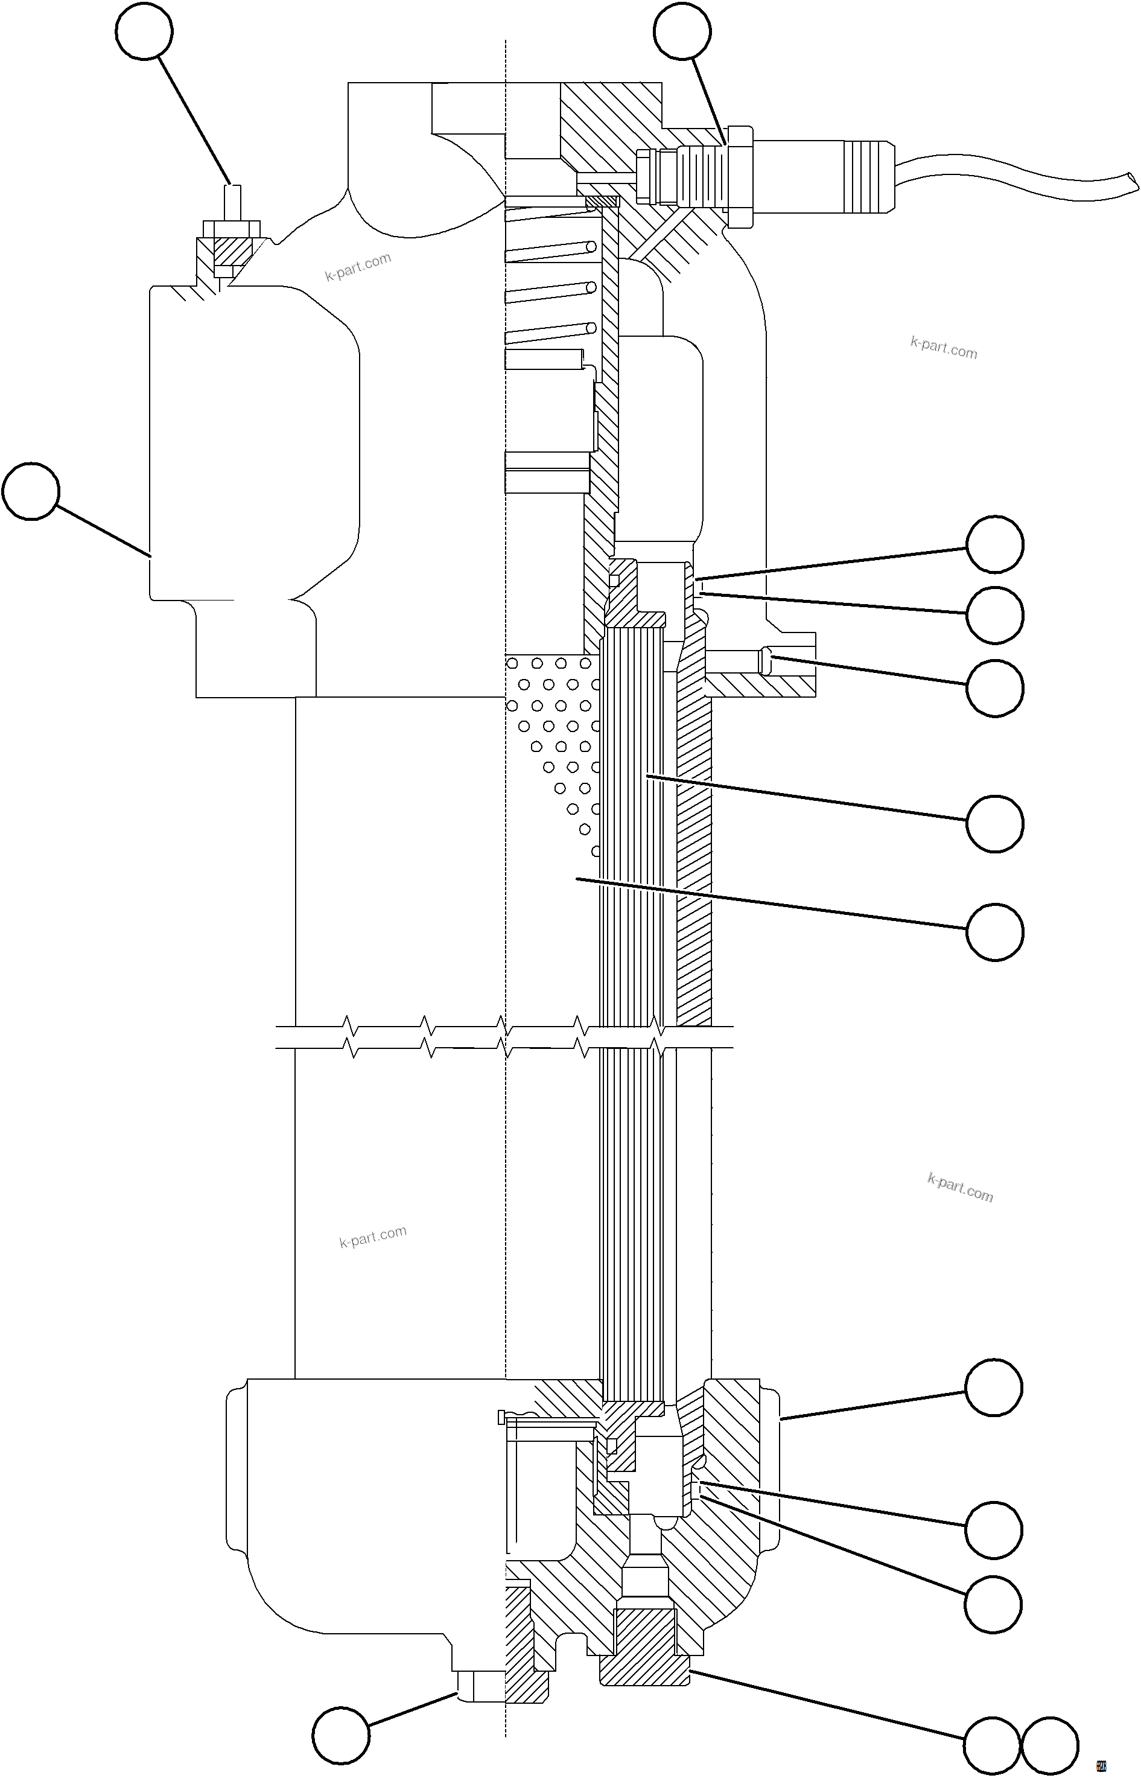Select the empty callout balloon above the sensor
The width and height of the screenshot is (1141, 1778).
click(682, 31)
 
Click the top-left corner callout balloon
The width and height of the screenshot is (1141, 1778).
click(144, 31)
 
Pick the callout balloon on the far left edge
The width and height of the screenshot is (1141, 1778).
click(30, 491)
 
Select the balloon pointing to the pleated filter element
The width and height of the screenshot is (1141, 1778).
click(995, 823)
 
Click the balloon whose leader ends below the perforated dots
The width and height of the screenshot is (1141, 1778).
click(995, 932)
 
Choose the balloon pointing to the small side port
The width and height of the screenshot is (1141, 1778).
click(995, 688)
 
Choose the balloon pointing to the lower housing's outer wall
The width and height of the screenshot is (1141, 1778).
click(994, 1388)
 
